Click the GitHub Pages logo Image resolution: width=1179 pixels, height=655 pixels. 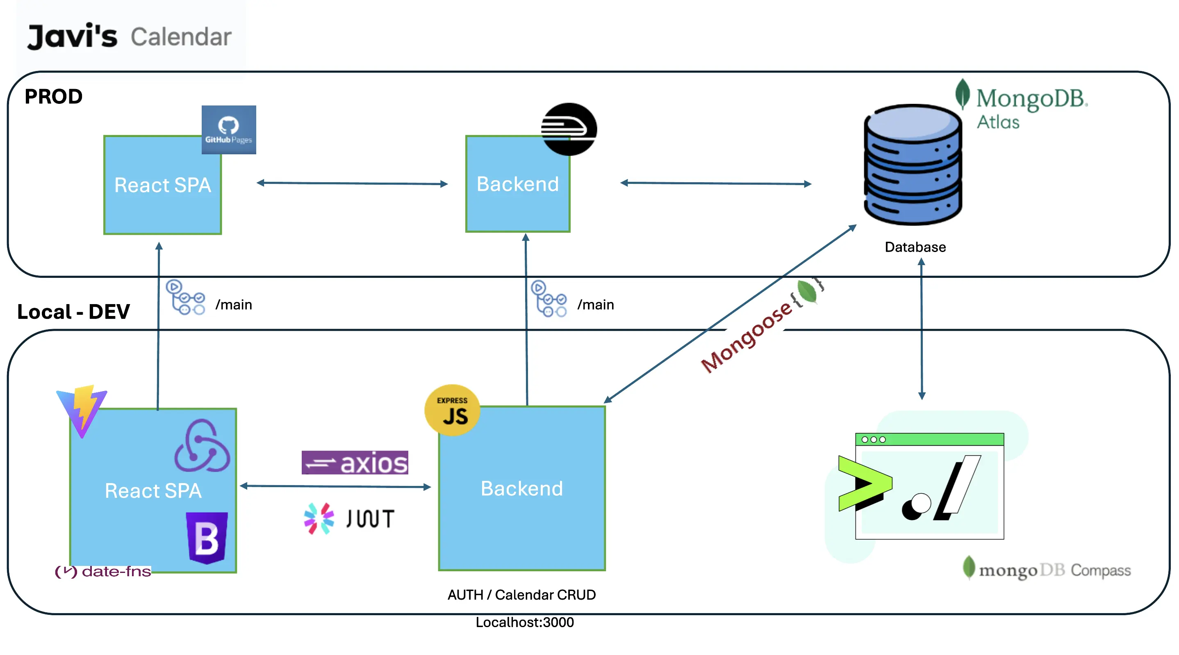coord(228,130)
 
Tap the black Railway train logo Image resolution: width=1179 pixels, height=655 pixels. coord(569,129)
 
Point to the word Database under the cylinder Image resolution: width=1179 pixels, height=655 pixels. coord(915,247)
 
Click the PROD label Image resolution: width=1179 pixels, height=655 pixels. coord(53,96)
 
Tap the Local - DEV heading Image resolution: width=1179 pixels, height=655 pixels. coord(73,311)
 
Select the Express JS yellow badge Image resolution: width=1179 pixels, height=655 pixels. coord(452,410)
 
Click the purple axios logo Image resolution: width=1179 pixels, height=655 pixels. coord(355,463)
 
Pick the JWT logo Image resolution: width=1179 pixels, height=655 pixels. coord(349,518)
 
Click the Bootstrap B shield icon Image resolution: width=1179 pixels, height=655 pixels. coord(207,538)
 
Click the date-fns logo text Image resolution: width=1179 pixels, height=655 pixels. coord(103,571)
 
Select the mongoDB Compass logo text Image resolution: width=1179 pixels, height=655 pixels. coord(1048,569)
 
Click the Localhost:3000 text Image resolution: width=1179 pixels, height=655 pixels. coord(524,622)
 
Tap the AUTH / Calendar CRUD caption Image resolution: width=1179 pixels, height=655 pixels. coord(521,595)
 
